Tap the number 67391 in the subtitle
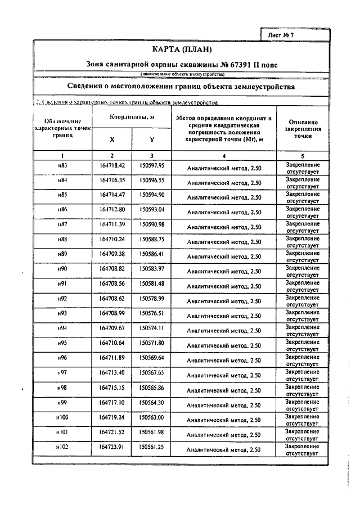222,65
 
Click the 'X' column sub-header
111,139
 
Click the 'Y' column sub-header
152,139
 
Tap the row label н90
62,269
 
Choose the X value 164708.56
112,283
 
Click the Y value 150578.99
152,298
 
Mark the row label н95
62,343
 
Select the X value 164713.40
112,372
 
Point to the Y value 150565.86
152,388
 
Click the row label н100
62,417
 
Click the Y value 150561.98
152,432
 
